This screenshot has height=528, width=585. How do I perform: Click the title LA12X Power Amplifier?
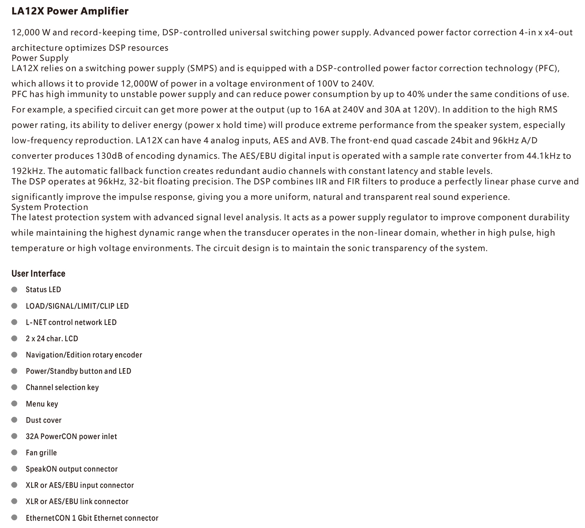pos(70,11)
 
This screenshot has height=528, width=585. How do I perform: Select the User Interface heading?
pos(38,274)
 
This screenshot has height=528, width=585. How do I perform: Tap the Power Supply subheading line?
pos(40,58)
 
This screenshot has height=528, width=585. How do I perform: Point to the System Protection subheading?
pos(50,207)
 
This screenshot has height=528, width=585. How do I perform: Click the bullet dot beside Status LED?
pos(14,289)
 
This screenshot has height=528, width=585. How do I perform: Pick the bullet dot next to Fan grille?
pos(14,453)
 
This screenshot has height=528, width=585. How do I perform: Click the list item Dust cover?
pos(44,420)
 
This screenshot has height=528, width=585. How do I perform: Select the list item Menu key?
pos(42,404)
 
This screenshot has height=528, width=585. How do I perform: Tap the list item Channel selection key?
pos(62,387)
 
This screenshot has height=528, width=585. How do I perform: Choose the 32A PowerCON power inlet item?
pos(71,437)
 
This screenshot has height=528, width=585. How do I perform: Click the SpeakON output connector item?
pos(72,469)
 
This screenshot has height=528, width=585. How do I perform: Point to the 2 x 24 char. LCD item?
pos(52,338)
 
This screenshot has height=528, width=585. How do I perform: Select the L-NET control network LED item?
pos(71,322)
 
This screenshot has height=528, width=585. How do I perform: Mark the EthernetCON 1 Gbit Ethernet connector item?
pos(92,518)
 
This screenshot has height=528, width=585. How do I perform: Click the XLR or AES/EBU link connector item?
pos(77,502)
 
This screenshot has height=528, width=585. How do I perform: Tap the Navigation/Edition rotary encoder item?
pos(84,355)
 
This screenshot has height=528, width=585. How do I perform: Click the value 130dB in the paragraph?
pos(109,156)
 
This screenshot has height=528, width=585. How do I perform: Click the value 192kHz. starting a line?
pos(28,171)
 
